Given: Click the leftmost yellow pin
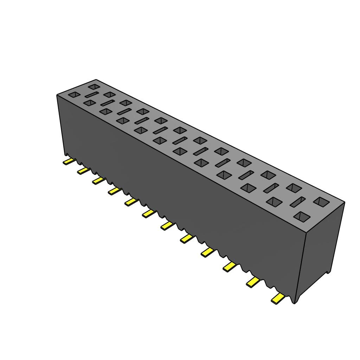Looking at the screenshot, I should point(69,161).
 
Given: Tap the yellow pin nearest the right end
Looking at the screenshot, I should point(278,299).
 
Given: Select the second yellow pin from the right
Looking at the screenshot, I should point(253,281).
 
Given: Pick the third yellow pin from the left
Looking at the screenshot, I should point(99,180).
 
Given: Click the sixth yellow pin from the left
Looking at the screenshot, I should point(148,213).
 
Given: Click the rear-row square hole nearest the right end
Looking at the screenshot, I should point(321,201).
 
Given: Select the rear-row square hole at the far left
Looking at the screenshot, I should point(94,86).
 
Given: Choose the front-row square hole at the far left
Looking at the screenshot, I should point(75,95).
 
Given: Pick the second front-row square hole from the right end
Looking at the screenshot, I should point(275,201).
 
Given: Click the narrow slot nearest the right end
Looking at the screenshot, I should point(298,201).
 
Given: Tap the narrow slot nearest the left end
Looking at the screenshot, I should point(91,95).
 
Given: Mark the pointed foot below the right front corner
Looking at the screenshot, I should point(295,301).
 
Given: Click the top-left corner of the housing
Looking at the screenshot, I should point(57,95).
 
